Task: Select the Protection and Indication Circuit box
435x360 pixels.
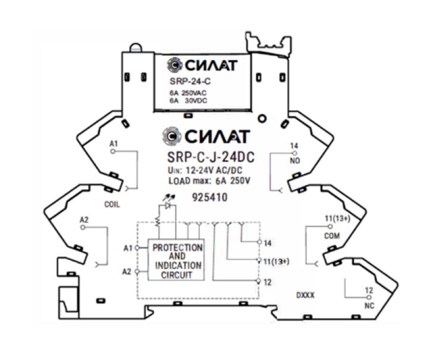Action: pyautogui.click(x=177, y=261)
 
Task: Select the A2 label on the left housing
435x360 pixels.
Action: pyautogui.click(x=85, y=220)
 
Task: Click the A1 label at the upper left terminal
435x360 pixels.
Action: pyautogui.click(x=114, y=145)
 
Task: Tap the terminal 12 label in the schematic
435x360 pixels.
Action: pyautogui.click(x=267, y=282)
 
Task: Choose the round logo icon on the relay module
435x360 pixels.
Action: pyautogui.click(x=174, y=65)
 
